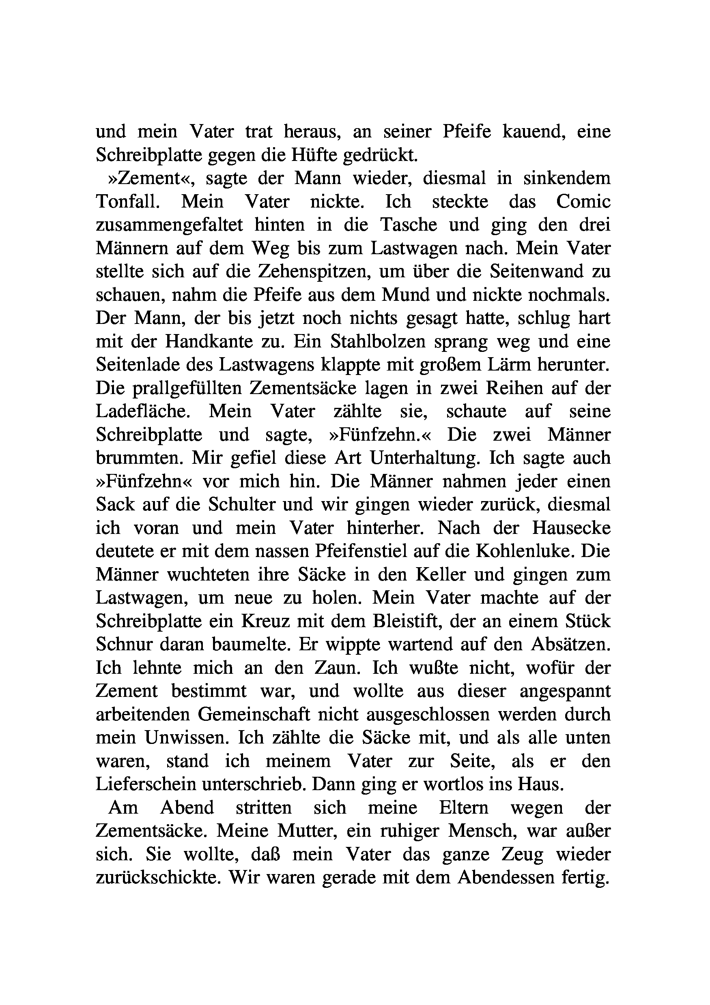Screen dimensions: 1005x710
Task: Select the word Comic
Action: coord(583,202)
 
